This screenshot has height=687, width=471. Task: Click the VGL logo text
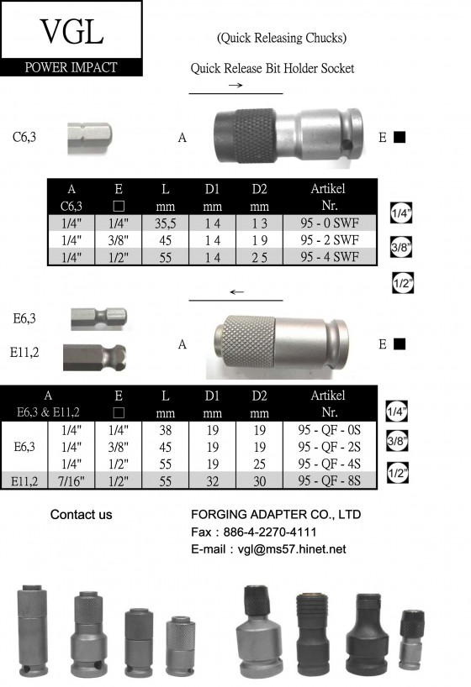click(x=71, y=31)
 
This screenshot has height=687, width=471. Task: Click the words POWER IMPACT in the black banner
click(x=71, y=67)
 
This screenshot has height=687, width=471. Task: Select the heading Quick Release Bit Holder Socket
click(x=273, y=68)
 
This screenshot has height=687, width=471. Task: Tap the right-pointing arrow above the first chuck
click(x=235, y=85)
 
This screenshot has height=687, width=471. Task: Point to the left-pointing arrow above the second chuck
click(x=236, y=291)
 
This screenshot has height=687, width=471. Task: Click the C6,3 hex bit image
click(x=89, y=138)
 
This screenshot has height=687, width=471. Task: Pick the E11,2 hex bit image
click(x=94, y=357)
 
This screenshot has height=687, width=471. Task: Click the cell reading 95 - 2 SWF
click(x=330, y=240)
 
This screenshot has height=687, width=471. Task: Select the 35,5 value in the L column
click(x=165, y=223)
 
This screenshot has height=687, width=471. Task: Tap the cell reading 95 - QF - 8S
click(x=329, y=480)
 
